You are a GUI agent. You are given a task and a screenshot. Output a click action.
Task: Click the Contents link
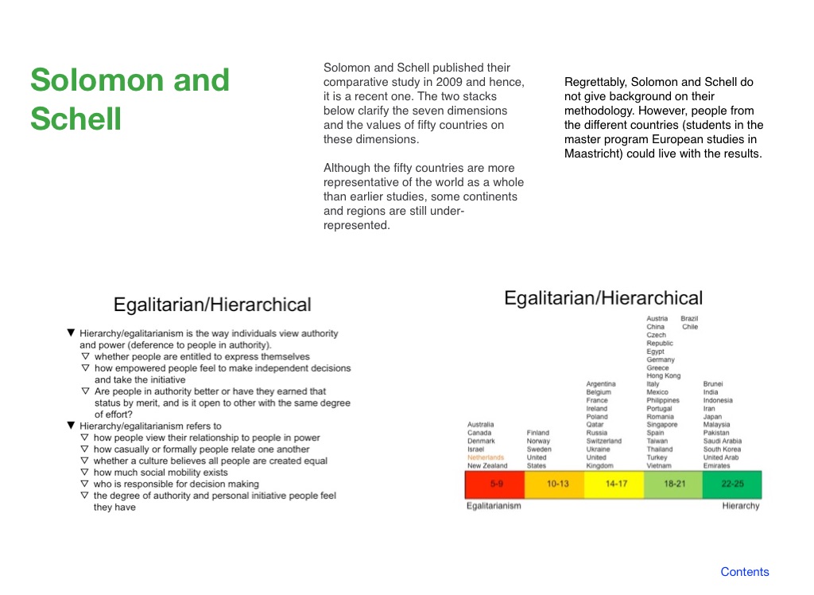click(744, 572)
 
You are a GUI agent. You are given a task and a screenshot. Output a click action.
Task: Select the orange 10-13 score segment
click(554, 484)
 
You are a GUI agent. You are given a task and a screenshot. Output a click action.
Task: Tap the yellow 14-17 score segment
click(614, 484)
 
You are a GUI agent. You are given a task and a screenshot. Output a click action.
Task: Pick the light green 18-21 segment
click(673, 484)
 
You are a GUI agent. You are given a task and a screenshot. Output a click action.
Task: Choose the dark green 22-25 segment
click(732, 484)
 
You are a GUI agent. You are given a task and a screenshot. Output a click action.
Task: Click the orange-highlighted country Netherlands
click(486, 457)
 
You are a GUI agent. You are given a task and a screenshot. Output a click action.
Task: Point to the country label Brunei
click(713, 383)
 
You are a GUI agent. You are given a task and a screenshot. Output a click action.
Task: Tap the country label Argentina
click(601, 383)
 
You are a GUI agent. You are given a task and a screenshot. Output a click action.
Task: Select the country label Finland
click(538, 433)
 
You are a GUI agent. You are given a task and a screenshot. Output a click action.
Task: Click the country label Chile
click(690, 326)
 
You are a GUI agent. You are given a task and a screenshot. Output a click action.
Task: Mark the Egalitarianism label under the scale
click(494, 506)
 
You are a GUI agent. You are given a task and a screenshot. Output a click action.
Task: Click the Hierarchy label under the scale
click(741, 506)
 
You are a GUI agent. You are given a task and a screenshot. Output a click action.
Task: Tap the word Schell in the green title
click(76, 119)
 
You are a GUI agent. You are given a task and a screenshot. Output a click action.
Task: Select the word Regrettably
click(595, 82)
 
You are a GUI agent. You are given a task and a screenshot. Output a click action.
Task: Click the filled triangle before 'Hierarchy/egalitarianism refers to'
click(71, 425)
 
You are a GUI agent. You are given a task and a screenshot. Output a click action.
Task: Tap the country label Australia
click(480, 424)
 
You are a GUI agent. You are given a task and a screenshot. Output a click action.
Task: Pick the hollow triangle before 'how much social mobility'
click(85, 472)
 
